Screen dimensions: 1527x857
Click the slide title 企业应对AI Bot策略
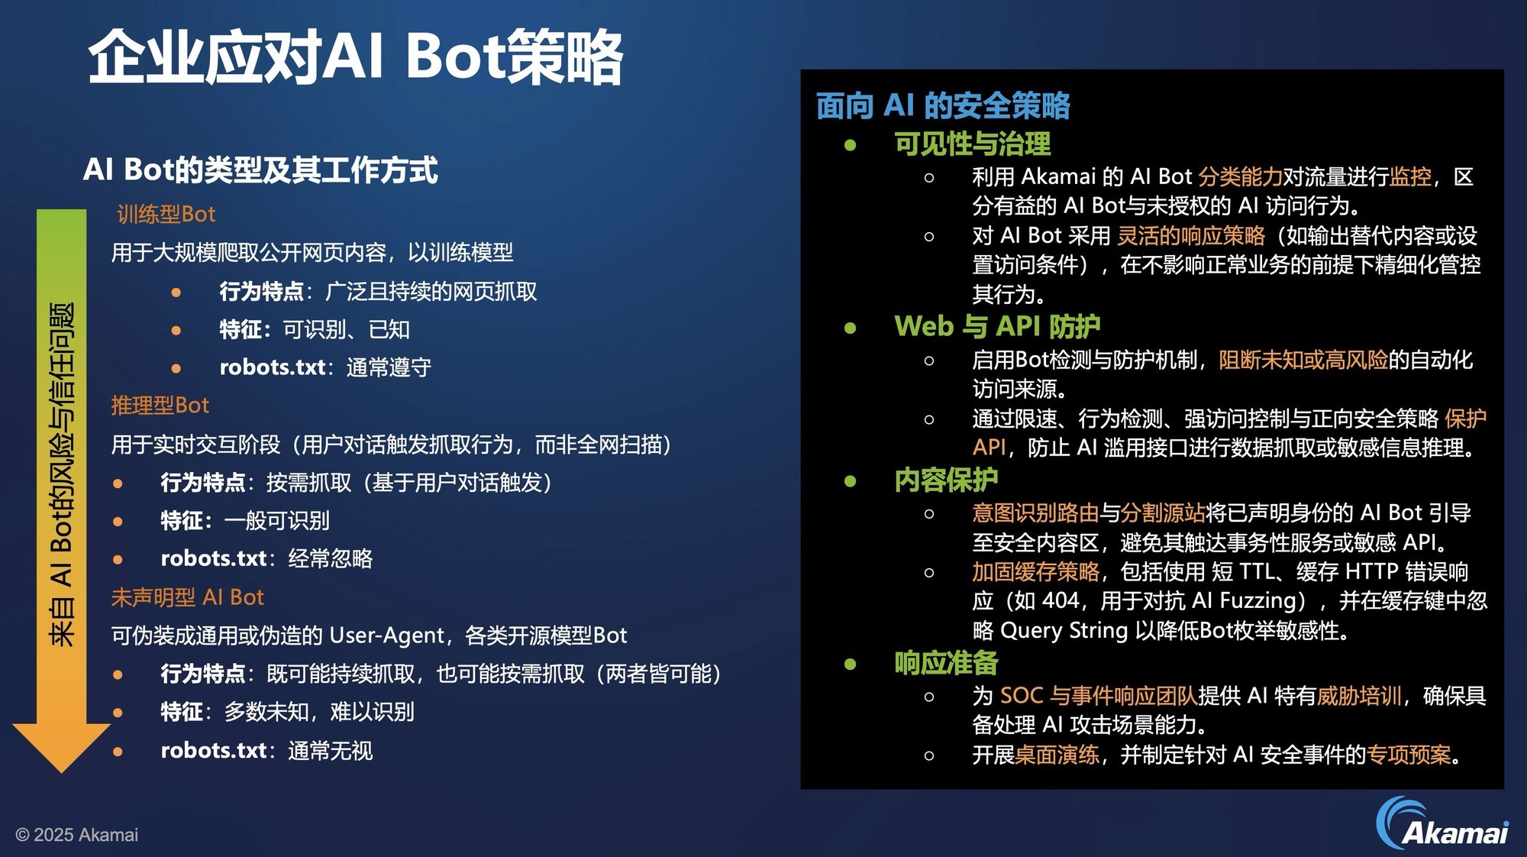click(x=356, y=57)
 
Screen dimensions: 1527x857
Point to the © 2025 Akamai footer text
click(x=76, y=835)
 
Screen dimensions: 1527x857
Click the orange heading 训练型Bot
click(x=166, y=214)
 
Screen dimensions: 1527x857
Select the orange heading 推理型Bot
click(x=160, y=405)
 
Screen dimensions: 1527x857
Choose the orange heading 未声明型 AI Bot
click(x=187, y=597)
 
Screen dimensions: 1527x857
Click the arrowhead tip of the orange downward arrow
click(x=62, y=771)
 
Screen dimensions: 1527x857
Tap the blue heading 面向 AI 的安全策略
click(x=943, y=105)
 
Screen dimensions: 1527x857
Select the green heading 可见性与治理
click(x=972, y=144)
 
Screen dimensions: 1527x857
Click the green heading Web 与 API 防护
click(x=997, y=326)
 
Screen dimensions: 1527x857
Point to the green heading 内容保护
click(x=946, y=480)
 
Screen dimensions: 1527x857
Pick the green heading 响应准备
click(x=946, y=662)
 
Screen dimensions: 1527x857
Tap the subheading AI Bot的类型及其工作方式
click(x=260, y=170)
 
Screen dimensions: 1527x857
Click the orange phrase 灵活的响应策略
click(x=1191, y=235)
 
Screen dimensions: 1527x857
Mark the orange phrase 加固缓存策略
click(x=1036, y=571)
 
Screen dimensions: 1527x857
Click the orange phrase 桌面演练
click(x=1057, y=755)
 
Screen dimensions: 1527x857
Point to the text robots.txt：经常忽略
click(x=266, y=558)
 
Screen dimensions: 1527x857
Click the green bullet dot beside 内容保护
click(x=851, y=480)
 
